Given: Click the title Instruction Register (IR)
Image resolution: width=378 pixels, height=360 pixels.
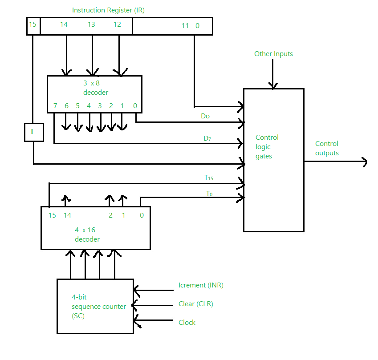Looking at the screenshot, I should click(x=108, y=10).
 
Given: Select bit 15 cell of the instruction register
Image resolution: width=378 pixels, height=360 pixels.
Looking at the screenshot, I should click(x=33, y=25).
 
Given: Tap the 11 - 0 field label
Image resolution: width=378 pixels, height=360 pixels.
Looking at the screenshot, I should click(x=190, y=26).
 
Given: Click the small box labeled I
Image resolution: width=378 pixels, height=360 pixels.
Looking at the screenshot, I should click(x=34, y=132).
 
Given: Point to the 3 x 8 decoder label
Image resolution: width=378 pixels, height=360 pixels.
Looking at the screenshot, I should click(x=95, y=88).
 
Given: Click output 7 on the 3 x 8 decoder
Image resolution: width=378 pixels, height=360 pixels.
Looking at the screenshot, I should click(x=55, y=106).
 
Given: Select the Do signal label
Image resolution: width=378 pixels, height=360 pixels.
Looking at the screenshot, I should click(x=205, y=116).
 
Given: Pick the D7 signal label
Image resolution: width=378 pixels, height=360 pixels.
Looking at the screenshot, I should click(x=207, y=138).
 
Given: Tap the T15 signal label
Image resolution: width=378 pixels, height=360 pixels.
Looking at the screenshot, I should click(x=209, y=178).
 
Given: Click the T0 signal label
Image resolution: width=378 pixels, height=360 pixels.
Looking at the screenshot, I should click(x=209, y=194).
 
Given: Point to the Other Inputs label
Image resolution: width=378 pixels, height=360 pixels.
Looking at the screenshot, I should click(x=273, y=54).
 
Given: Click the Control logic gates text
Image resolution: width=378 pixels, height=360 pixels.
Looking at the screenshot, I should click(x=267, y=147).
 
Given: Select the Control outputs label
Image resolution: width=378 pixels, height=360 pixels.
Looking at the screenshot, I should click(x=327, y=148).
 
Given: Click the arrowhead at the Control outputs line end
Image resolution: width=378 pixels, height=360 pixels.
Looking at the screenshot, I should click(x=364, y=162).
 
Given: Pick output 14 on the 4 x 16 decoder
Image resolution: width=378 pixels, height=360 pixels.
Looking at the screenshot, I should click(x=67, y=215).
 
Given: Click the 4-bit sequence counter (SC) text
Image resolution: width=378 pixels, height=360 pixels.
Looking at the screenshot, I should click(x=98, y=307).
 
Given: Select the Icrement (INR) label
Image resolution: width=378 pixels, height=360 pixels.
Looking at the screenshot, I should click(x=201, y=285).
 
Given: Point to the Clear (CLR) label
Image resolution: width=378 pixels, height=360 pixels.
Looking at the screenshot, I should click(x=196, y=304).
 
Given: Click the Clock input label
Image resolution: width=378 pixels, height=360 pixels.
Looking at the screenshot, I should click(x=187, y=323).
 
